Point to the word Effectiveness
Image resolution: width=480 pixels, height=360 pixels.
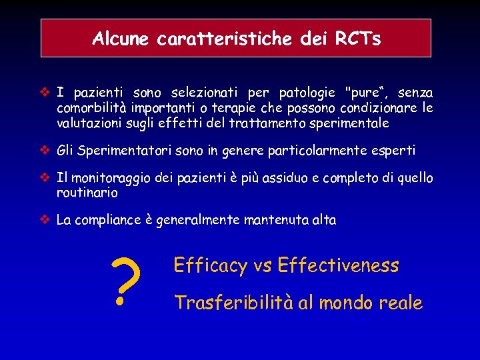pos(337,266)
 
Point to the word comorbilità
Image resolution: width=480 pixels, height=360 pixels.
pos(93,108)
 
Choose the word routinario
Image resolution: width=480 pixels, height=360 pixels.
pos(87,193)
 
